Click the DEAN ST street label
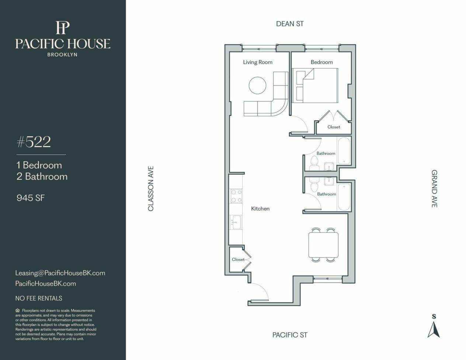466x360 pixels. (290, 24)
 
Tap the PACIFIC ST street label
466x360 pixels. (290, 335)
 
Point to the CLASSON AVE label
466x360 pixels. (151, 188)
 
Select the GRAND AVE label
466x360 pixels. (434, 189)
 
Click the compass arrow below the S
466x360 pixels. (434, 330)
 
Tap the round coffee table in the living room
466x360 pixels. (257, 85)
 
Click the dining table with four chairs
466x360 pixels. (323, 245)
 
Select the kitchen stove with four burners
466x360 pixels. (236, 196)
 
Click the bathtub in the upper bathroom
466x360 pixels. (344, 150)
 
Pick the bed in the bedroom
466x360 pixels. (315, 85)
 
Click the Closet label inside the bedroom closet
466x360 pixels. (334, 127)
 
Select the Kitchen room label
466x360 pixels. (260, 208)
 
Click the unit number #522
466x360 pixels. (34, 142)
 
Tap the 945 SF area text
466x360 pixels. (31, 198)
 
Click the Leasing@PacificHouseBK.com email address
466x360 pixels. (60, 273)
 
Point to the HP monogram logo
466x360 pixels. (63, 27)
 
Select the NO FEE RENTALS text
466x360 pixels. (39, 298)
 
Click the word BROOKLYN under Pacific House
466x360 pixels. (62, 55)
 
